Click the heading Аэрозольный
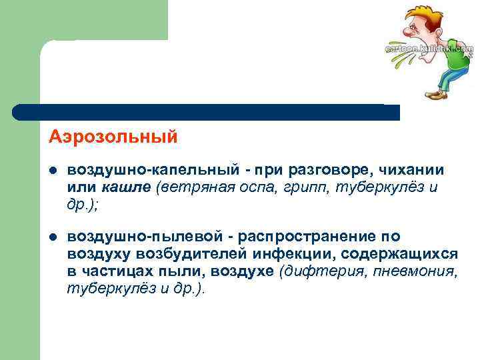tap(113, 137)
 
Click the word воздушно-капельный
tap(134, 171)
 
